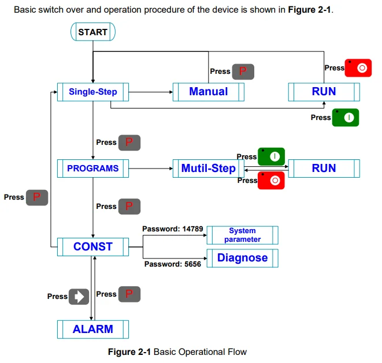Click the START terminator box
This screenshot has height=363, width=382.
[x=93, y=32]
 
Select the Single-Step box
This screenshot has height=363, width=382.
[x=93, y=92]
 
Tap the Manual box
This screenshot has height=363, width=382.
[x=208, y=92]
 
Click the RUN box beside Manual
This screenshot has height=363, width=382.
[x=324, y=92]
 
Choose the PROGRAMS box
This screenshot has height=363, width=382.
[x=93, y=169]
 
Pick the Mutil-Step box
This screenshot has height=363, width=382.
[x=208, y=169]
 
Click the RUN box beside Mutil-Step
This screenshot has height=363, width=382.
[x=324, y=169]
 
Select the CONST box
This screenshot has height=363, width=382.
[x=93, y=246]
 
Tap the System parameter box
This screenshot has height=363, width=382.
[x=242, y=235]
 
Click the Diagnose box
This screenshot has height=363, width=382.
[x=242, y=258]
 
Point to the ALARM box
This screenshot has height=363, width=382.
[x=93, y=329]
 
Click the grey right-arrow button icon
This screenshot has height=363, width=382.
[x=79, y=297]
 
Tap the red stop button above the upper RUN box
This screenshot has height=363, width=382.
[x=358, y=68]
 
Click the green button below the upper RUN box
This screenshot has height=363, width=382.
[x=346, y=118]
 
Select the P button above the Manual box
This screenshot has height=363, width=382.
[x=243, y=72]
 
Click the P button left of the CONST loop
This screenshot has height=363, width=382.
[x=37, y=197]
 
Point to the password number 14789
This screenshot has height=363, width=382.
[x=192, y=229]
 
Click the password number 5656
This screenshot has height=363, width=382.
[x=192, y=264]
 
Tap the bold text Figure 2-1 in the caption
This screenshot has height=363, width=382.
[x=129, y=352]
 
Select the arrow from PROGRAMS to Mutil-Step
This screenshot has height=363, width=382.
[x=151, y=169]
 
